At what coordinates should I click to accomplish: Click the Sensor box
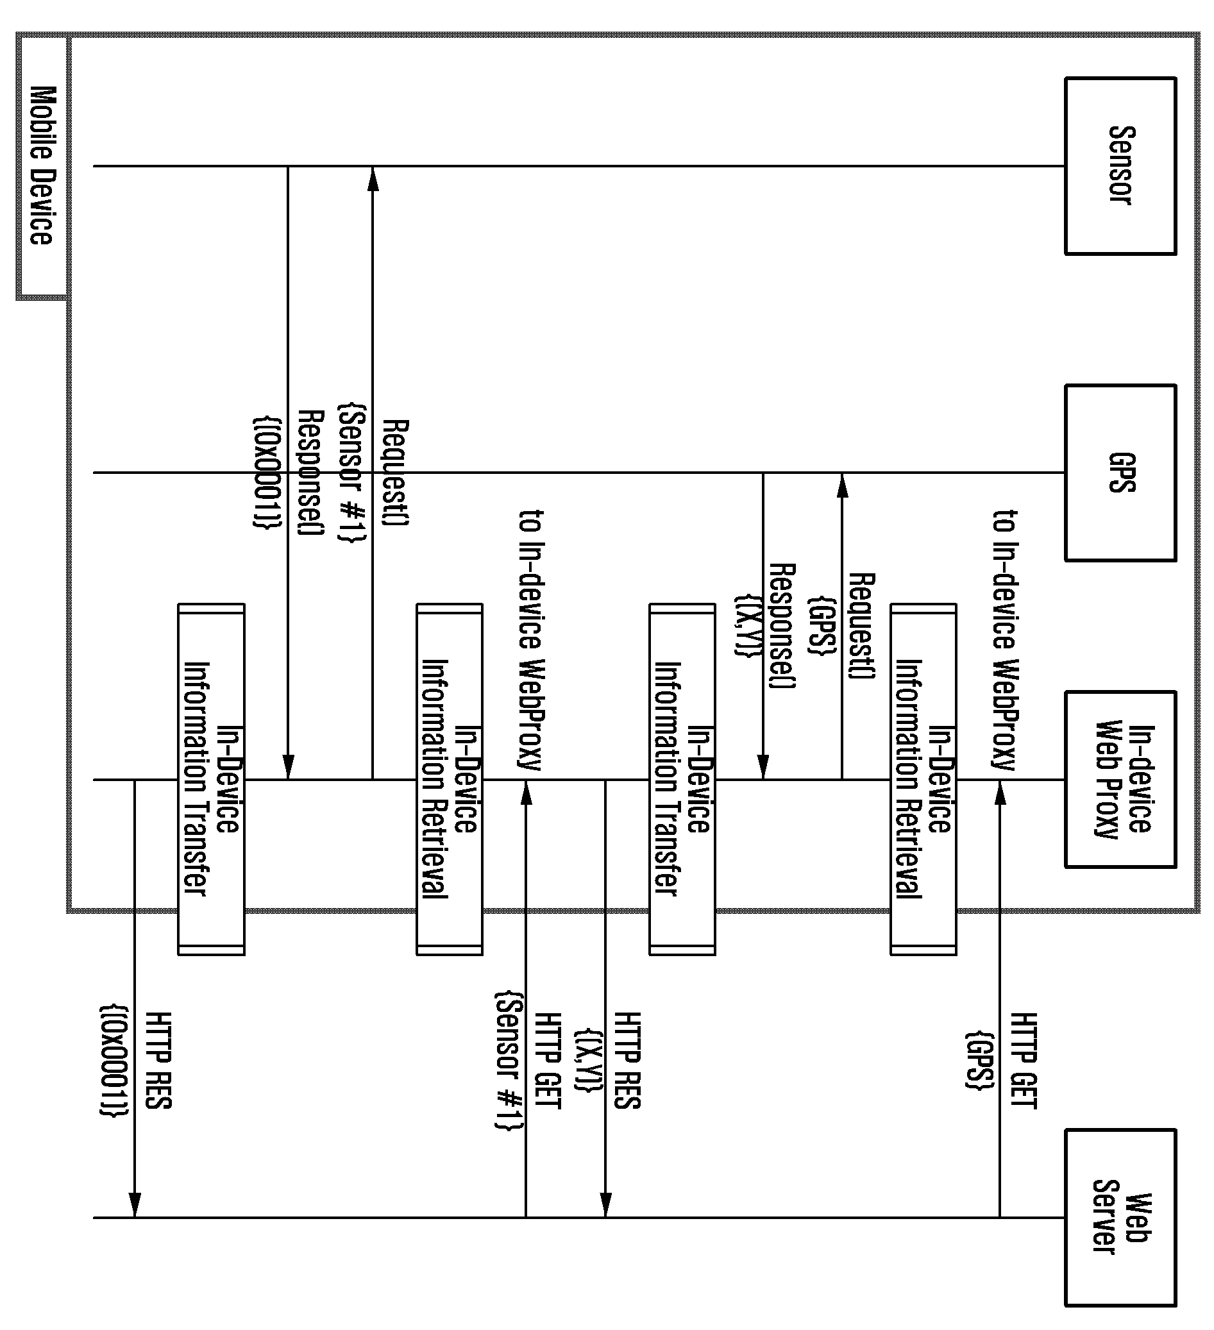(x=1120, y=165)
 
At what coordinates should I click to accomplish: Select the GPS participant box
(x=1120, y=473)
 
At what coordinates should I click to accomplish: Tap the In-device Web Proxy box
(x=1120, y=779)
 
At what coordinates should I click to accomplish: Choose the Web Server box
(x=1120, y=1218)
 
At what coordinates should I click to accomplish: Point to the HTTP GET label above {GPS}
(x=1024, y=1061)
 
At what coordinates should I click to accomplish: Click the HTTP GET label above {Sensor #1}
(x=548, y=1061)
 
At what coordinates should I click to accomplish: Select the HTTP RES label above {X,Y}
(x=627, y=1061)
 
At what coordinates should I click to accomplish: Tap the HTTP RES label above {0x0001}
(x=158, y=1061)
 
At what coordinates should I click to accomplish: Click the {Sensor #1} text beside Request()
(x=351, y=474)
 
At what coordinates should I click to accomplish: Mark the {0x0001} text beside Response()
(x=268, y=473)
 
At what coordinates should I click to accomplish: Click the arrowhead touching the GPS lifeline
(x=842, y=485)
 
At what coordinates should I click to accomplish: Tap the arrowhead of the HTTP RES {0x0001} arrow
(x=135, y=1206)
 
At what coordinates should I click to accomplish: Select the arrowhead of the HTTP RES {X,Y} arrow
(x=605, y=1206)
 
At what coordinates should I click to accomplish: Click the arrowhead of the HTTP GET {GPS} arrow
(x=1000, y=792)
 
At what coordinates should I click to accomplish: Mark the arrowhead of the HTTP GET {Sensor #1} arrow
(x=526, y=792)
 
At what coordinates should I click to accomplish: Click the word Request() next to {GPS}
(x=862, y=625)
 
